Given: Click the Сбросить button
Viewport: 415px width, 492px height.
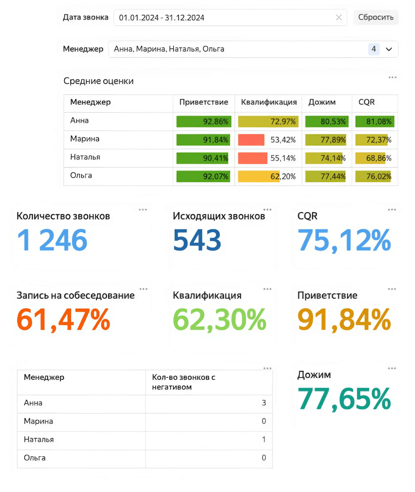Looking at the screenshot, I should coord(375,17).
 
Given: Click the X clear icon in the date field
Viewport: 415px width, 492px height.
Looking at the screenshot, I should coord(338,17).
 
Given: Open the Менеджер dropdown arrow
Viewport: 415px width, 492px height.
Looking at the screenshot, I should coord(389,49).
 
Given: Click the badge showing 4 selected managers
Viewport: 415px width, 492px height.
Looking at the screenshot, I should coord(373,49).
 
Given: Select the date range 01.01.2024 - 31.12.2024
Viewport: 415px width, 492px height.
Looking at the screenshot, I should coord(162,18).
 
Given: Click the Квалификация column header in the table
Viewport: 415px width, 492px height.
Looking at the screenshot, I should coord(268,102).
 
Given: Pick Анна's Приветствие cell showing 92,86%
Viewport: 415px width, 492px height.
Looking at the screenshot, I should coord(203,121).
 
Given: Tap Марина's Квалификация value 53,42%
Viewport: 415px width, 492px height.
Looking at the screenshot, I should coord(283,140).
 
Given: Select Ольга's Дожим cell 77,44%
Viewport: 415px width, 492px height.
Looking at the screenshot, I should coord(327,176).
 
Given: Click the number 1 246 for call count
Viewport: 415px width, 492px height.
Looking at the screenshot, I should coord(52,240).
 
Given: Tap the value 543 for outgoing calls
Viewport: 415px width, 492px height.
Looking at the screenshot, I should coord(197,240).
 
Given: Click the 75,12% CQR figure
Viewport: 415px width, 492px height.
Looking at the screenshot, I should coord(344,240).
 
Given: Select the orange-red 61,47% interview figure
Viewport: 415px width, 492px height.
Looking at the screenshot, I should coord(63,320).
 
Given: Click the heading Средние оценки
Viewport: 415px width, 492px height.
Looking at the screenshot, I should coord(98,81).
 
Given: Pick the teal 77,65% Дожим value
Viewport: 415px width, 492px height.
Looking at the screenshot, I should coord(344,399).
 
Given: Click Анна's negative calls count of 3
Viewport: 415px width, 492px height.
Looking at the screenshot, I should coord(263,403).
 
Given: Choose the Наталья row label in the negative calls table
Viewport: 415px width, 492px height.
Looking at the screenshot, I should coord(39,439).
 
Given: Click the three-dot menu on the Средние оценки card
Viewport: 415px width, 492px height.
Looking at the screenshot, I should coord(392,78).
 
